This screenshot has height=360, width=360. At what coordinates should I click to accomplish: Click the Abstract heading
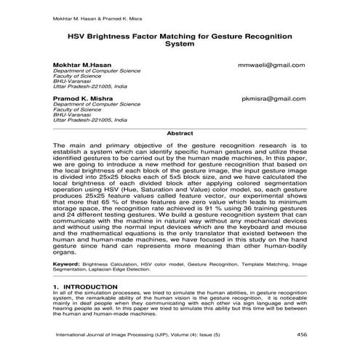coord(180,134)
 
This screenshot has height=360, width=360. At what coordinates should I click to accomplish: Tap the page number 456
coord(301,335)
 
